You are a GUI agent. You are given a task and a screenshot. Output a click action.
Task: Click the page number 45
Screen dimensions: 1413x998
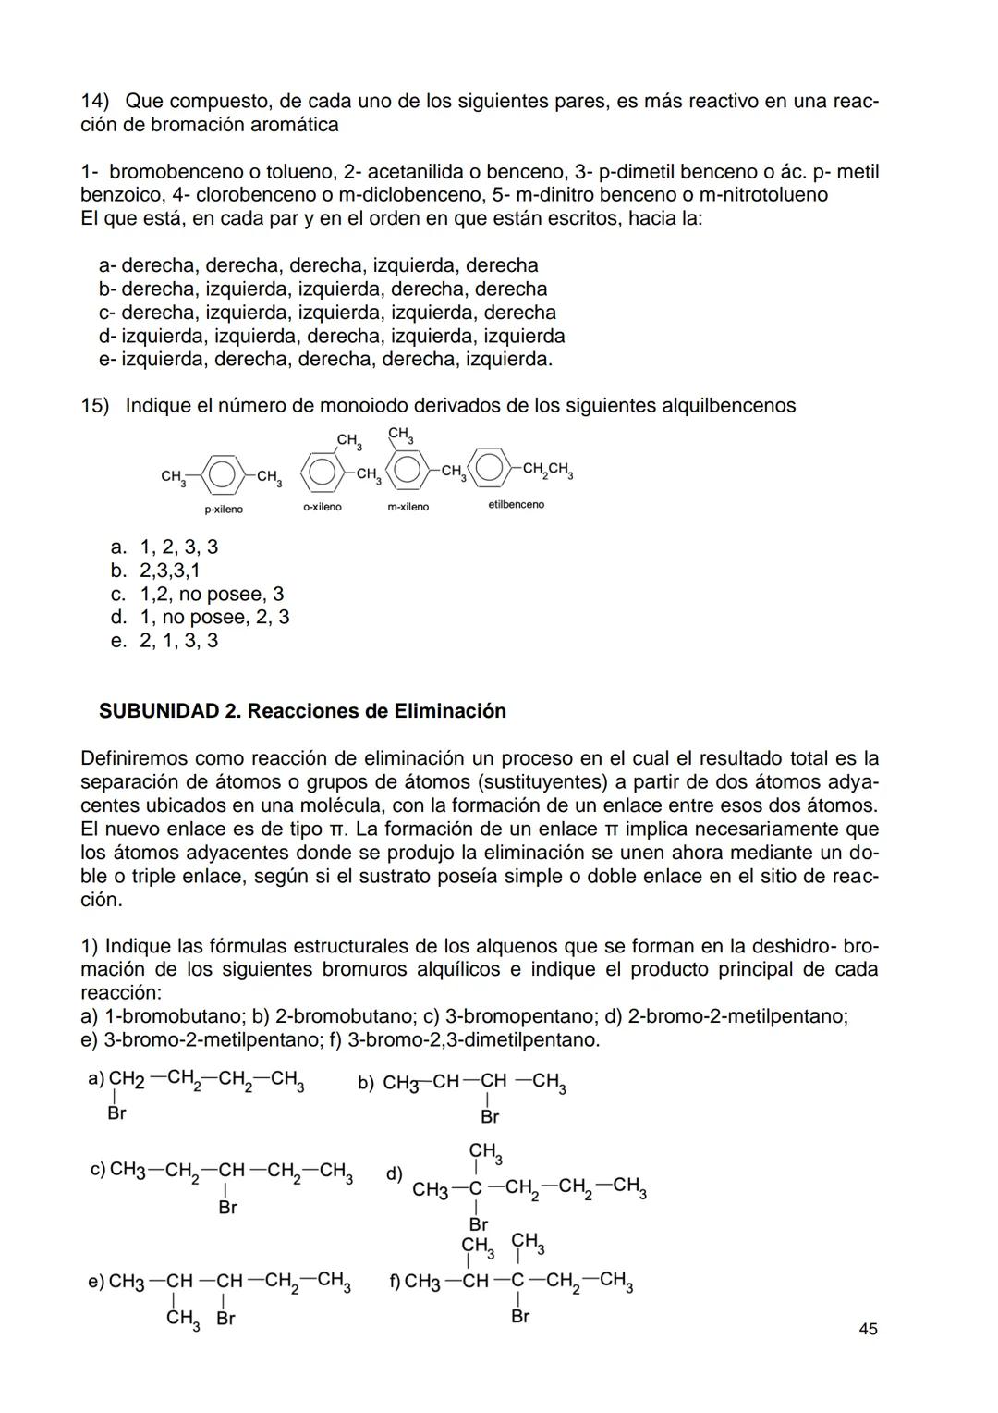pos(868,1329)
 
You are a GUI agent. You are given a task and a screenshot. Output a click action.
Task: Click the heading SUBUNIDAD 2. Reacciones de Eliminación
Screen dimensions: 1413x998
pos(302,711)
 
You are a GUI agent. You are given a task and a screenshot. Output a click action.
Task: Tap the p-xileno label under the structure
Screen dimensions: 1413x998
pos(224,510)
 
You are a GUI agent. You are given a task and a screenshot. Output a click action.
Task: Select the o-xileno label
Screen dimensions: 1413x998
pos(322,507)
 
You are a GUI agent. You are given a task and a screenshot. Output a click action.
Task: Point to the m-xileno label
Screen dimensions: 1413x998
pos(408,507)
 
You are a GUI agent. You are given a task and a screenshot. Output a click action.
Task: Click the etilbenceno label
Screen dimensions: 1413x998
pos(516,505)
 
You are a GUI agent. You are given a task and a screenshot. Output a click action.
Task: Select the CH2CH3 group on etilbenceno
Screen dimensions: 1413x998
pos(547,470)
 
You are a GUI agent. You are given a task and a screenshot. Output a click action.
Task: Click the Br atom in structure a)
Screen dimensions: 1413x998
pos(116,1113)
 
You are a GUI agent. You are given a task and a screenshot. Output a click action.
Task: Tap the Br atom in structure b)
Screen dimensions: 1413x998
pos(489,1117)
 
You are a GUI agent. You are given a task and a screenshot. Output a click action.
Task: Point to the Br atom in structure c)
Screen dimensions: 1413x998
pos(227,1208)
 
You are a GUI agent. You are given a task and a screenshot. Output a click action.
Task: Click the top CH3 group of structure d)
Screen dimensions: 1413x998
pos(485,1152)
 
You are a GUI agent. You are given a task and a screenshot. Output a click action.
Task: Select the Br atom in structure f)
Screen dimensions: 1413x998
pos(520,1316)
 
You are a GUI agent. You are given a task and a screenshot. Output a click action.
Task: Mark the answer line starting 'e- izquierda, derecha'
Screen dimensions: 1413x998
pos(325,359)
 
